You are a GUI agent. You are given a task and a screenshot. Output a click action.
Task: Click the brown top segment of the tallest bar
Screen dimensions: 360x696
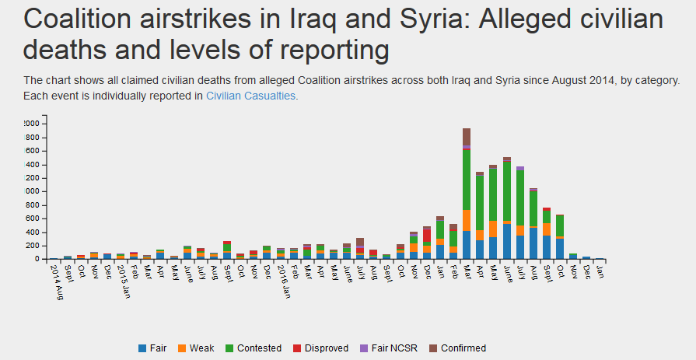pos(467,136)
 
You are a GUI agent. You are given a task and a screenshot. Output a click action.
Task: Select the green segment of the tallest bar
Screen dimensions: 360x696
pos(467,179)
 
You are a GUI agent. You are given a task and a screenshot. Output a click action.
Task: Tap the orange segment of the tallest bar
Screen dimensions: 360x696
pos(467,220)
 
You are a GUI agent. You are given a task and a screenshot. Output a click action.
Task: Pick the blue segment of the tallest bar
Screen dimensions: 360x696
pos(467,245)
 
